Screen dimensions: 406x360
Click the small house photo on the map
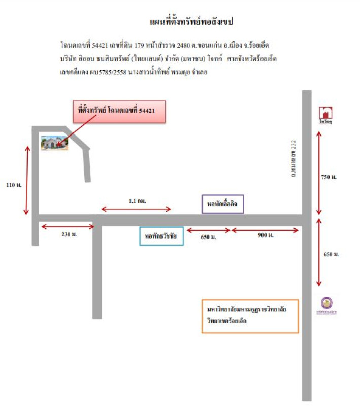pos(54,143)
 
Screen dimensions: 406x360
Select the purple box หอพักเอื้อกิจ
pos(222,204)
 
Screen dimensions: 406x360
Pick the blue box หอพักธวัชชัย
pos(161,236)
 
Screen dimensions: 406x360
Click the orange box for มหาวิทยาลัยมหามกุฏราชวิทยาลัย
pos(249,316)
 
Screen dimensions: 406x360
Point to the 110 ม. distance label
pos(14,186)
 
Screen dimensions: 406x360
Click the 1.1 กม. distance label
pos(137,201)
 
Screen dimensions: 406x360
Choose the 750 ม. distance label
pos(329,177)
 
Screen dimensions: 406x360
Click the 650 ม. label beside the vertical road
pos(331,254)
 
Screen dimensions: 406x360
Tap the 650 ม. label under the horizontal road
pos(209,237)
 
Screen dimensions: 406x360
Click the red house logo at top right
pos(325,113)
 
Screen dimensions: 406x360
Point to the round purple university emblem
pos(325,303)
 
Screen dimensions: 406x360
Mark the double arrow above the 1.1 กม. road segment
pos(137,209)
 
